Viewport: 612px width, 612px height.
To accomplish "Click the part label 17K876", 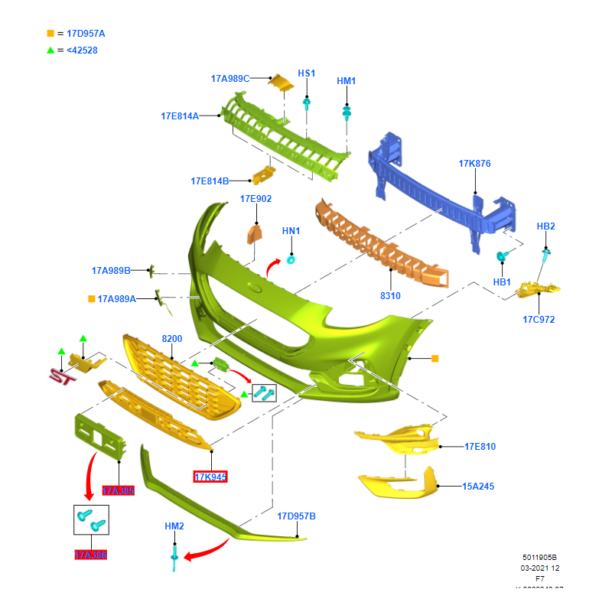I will click(x=474, y=164).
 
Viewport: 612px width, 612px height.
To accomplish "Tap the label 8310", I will click(x=390, y=295).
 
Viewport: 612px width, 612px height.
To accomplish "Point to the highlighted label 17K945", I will click(x=210, y=477).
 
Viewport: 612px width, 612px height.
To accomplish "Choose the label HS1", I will click(x=306, y=73).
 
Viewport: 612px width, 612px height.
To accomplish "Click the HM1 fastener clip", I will click(x=347, y=113).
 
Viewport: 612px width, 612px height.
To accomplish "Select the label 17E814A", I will click(x=179, y=116).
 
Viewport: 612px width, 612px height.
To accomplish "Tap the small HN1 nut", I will click(x=291, y=259).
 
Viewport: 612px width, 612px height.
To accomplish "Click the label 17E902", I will click(x=256, y=199).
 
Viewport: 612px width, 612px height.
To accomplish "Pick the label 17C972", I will click(x=539, y=319).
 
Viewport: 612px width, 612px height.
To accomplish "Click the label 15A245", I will click(x=478, y=486).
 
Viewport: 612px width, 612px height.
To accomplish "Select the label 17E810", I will click(x=480, y=446).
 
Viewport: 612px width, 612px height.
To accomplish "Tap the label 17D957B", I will click(x=296, y=516).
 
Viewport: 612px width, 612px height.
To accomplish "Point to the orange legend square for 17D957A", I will click(x=50, y=34).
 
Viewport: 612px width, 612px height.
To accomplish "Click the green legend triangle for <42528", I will click(x=50, y=50).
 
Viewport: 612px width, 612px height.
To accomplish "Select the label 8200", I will click(x=171, y=338).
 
